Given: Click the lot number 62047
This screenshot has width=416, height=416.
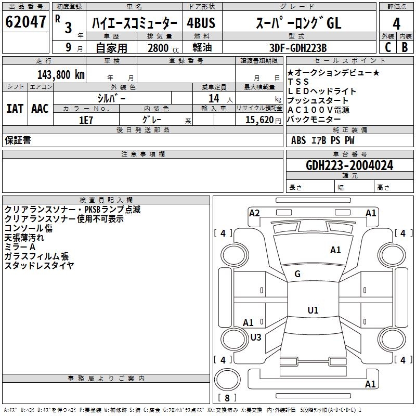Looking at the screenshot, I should coord(25,22).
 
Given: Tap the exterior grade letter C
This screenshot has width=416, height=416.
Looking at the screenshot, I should coord(387,47).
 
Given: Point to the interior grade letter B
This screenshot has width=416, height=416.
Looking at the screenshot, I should coord(405,47).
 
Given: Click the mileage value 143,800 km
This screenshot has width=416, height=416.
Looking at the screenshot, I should coord(61,74).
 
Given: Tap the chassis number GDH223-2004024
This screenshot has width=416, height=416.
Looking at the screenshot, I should coord(349,165).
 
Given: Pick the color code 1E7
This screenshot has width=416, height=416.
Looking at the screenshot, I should coord(86,119).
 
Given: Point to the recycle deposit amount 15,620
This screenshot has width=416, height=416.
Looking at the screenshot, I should coord(259,119).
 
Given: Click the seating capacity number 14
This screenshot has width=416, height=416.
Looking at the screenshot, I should coord(213,98).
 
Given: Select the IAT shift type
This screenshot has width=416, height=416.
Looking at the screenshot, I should coord(15,108).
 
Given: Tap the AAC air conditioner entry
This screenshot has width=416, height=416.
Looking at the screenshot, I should coord(40,108).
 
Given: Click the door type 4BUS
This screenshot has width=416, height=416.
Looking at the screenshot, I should coord(201,23).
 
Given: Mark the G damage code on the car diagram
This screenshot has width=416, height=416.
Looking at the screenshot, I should coord(297,274).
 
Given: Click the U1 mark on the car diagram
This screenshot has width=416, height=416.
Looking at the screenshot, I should coord(313,310).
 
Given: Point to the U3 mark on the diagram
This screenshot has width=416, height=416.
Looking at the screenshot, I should coord(255,337).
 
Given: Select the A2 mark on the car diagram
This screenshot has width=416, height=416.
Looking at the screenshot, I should coord(254,213).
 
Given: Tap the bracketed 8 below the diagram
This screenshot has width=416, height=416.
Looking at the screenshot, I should coord(227,398).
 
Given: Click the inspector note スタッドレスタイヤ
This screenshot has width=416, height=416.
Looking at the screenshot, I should coord(39,265).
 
